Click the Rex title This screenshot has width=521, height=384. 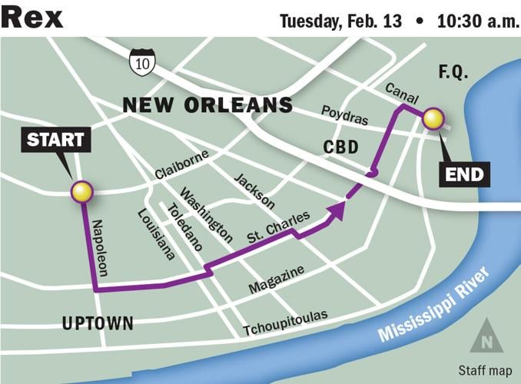pos(32,16)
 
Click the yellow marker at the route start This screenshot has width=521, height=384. pos(81,192)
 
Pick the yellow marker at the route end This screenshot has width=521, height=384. pos(433,118)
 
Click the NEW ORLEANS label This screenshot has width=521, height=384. pos(207,105)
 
